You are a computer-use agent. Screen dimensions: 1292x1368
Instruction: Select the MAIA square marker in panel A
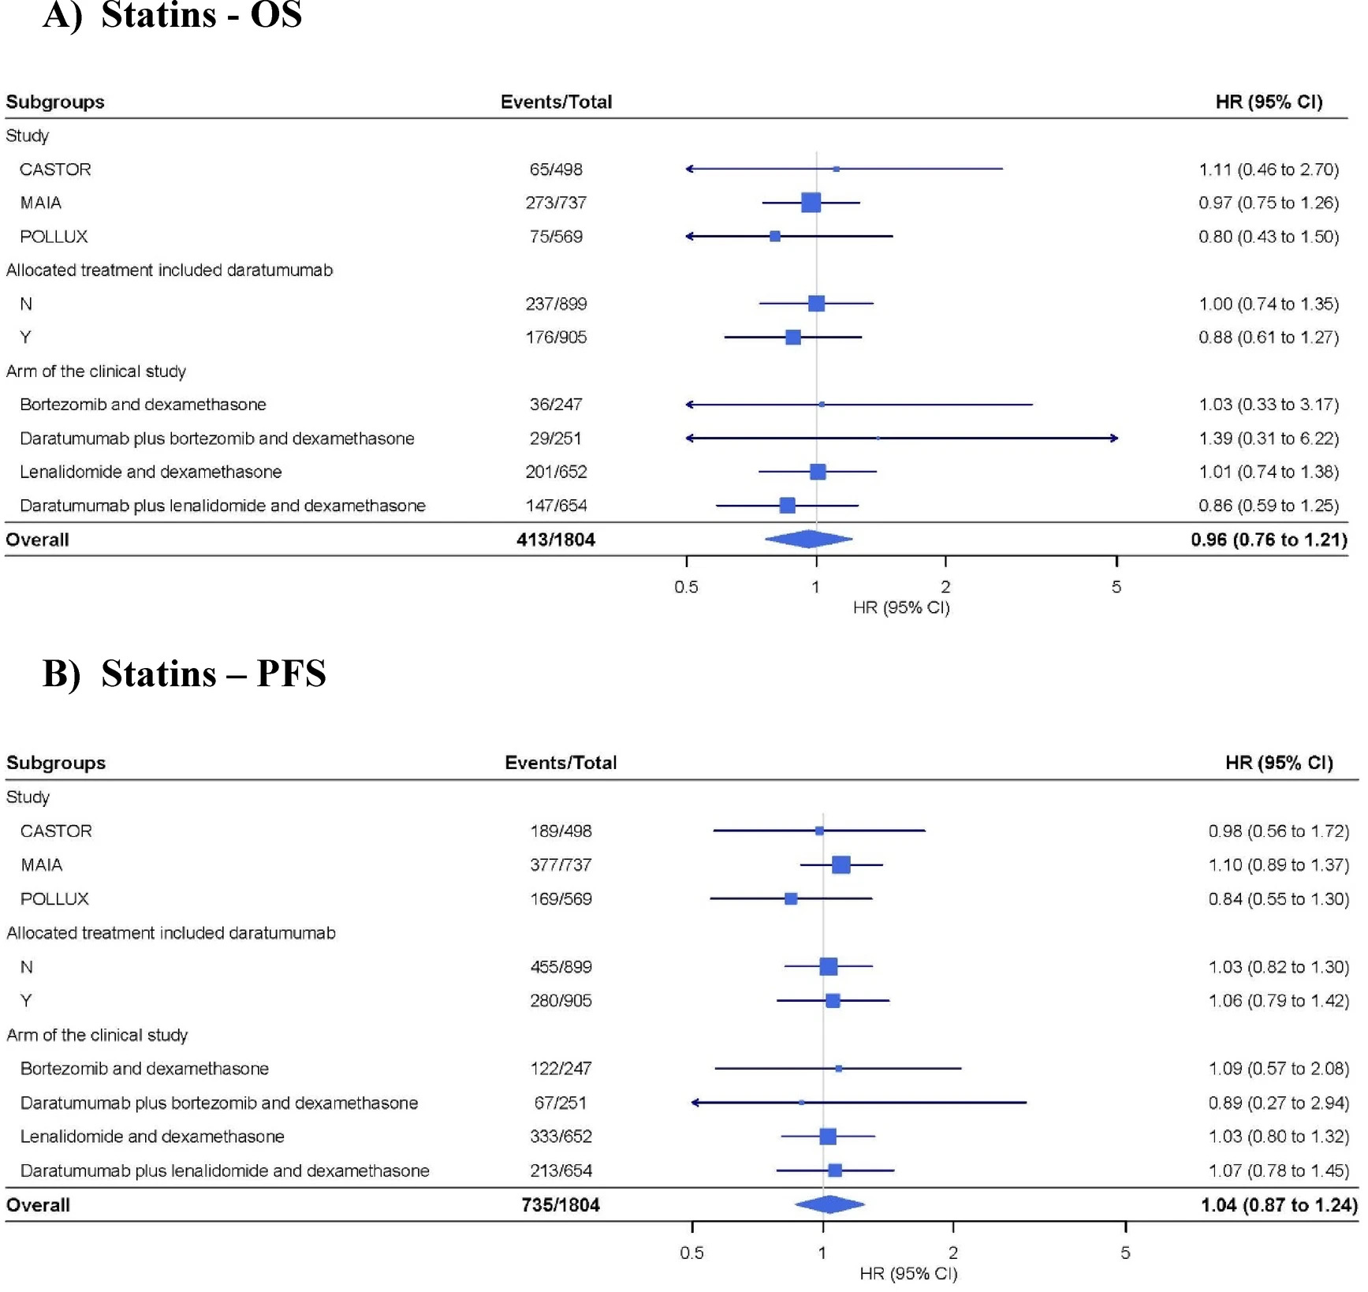[811, 203]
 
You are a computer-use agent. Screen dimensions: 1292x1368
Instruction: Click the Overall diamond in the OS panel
[808, 540]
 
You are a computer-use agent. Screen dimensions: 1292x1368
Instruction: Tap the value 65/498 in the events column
[556, 170]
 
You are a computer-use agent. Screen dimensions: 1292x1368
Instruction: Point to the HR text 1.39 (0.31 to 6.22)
[1269, 439]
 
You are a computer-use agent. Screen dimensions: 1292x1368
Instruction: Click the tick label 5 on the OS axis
[1116, 587]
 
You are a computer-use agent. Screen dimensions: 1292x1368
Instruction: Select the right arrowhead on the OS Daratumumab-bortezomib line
[1114, 438]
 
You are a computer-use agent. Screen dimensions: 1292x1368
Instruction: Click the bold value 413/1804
[556, 540]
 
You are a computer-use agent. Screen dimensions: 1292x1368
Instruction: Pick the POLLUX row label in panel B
[54, 899]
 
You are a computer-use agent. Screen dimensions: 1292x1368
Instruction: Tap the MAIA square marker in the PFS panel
[841, 865]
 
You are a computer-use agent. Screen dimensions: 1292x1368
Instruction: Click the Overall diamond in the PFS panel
[829, 1204]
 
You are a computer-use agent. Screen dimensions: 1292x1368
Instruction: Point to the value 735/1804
[561, 1205]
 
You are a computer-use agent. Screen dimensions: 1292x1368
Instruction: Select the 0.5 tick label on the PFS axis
[691, 1253]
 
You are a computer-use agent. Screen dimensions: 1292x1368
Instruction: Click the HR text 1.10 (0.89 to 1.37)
[1278, 865]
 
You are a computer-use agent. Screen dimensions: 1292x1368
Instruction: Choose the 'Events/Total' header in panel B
[561, 763]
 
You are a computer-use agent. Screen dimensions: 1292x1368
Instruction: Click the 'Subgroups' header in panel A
[55, 102]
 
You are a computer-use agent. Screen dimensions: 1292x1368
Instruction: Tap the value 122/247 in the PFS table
[561, 1069]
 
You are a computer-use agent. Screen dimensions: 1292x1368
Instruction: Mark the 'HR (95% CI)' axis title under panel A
[901, 607]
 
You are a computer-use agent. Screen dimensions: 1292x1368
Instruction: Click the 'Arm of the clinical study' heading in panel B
[97, 1035]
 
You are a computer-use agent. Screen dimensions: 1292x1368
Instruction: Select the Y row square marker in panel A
[793, 338]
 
